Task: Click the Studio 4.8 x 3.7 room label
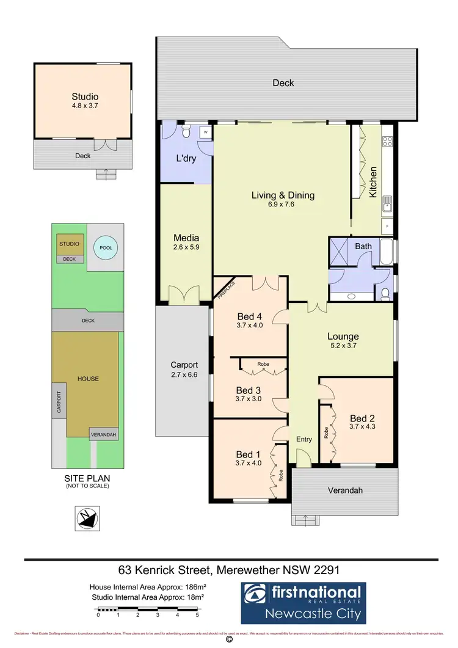coord(85,101)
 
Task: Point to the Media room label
coord(186,238)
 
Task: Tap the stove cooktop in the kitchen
coord(387,142)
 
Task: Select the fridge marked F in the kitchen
coord(387,227)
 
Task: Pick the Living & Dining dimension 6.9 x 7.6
coord(283,206)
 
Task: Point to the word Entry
coord(304,440)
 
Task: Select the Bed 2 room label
coord(362,418)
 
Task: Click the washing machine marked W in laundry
coord(206,131)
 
